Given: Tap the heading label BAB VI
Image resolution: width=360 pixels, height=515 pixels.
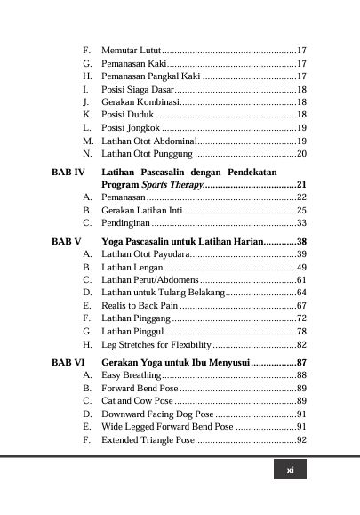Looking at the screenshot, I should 68,363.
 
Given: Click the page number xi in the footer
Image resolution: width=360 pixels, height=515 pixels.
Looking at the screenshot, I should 290,471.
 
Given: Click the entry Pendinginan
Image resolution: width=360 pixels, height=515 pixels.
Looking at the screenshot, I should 125,222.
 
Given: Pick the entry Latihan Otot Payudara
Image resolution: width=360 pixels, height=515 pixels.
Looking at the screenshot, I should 144,254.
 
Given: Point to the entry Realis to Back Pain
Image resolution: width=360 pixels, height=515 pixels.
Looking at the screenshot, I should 138,305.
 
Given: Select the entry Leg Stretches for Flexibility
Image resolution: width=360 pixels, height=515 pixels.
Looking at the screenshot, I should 156,344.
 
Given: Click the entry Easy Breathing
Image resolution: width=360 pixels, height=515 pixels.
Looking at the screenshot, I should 132,376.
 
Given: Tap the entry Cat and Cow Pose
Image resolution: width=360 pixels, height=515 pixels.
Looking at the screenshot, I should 138,401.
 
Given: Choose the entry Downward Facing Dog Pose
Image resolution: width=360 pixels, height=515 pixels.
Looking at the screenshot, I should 157,414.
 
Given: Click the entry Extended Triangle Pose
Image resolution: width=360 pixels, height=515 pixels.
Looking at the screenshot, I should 148,439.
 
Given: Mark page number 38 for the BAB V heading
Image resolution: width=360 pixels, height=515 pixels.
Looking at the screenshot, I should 301,241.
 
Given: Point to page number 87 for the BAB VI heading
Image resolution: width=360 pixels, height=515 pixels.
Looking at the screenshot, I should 301,363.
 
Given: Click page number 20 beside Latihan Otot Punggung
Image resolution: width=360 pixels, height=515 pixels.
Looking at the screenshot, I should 301,154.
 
